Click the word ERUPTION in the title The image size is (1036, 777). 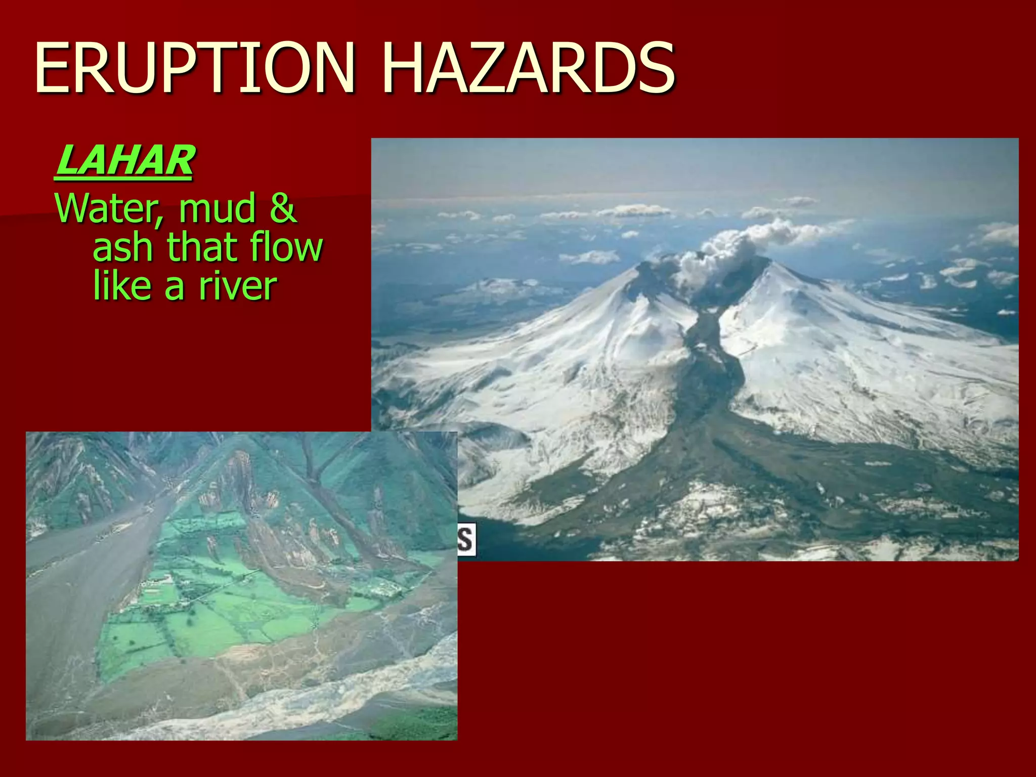coord(195,68)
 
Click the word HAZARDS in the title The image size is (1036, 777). coord(529,68)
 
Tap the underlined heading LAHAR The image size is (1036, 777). coord(124,161)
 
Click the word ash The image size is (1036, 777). coord(123,248)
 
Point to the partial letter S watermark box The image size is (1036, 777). coord(466,540)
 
